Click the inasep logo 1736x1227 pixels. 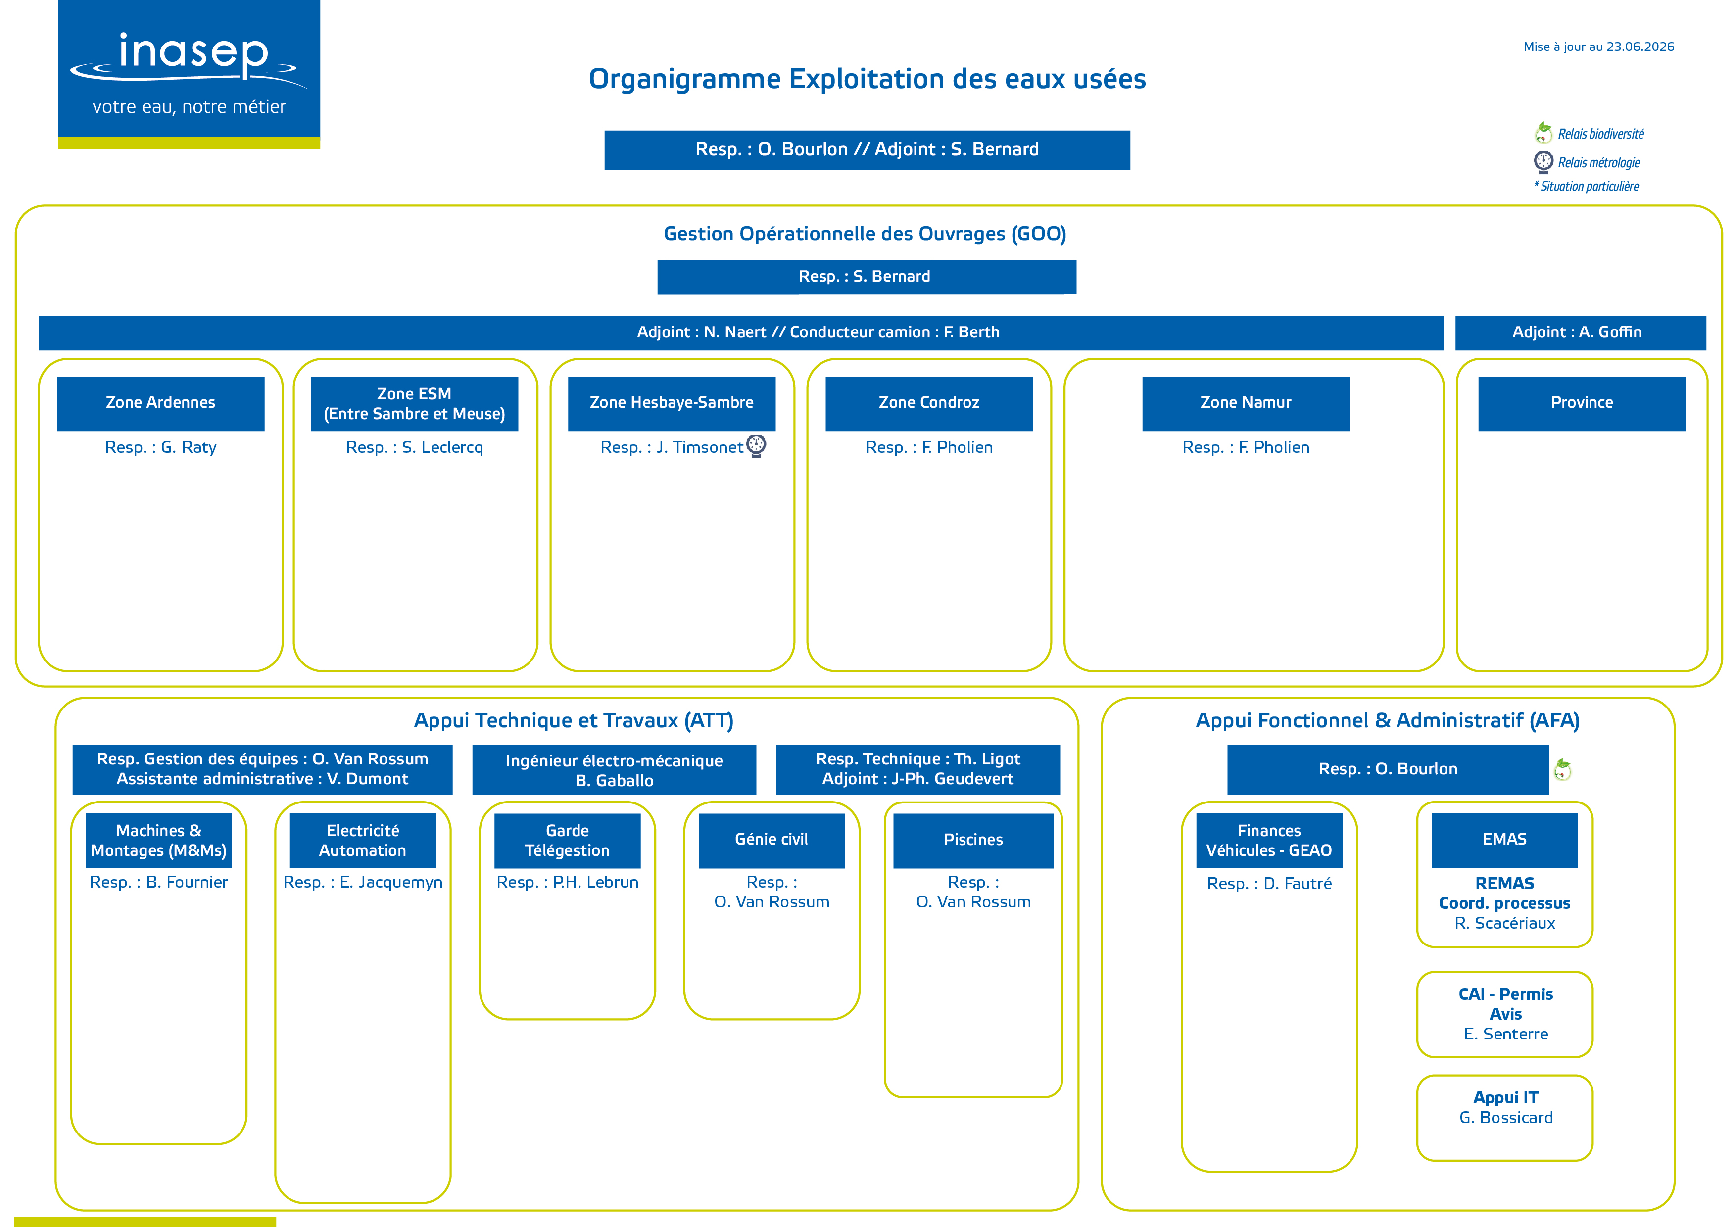189,74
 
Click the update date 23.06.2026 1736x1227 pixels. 1640,47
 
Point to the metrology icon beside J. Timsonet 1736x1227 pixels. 756,446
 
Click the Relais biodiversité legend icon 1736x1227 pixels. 1543,133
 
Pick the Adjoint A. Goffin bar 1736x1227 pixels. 1580,332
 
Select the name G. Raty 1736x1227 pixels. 189,448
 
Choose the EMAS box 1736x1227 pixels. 1504,841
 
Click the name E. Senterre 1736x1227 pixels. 1506,1034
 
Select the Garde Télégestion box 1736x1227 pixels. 567,841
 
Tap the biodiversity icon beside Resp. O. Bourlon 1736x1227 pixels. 1562,770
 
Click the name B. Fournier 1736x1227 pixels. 187,882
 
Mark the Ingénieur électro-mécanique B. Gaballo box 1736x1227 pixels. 614,770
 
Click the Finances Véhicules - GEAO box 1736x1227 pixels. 1269,841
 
